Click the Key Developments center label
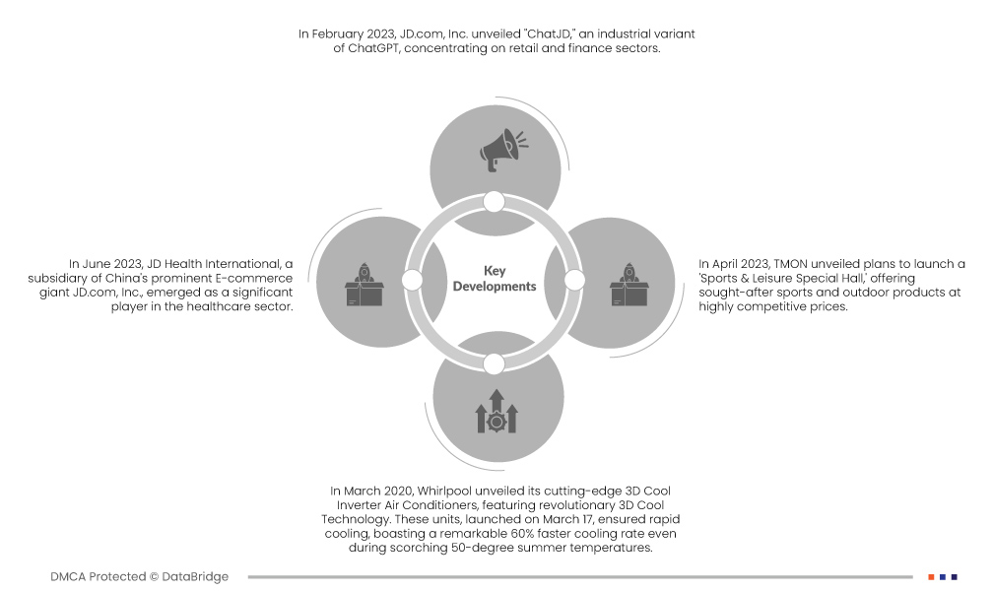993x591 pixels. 495,279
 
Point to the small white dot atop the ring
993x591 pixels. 495,202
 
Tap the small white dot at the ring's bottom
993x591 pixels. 495,363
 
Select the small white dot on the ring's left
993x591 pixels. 413,281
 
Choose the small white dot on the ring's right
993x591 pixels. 575,281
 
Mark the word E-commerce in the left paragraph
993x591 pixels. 259,279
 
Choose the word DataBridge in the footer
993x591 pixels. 195,577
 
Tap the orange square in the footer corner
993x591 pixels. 931,577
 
